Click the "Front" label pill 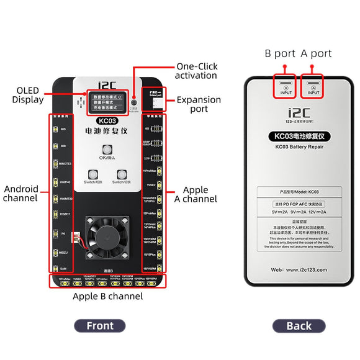coord(100,325)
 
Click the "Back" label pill coord(299,325)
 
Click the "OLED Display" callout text coord(27,95)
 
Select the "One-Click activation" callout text coord(196,71)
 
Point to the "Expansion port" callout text coord(199,104)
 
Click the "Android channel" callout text coord(21,194)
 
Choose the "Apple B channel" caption coord(108,296)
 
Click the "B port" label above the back coord(279,54)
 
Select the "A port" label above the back coord(317,54)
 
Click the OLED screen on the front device coord(107,102)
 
